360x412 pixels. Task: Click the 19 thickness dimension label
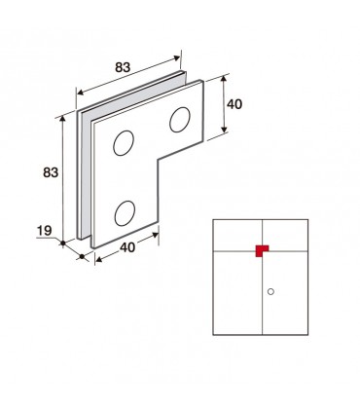click(44, 231)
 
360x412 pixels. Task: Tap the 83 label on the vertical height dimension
click(51, 172)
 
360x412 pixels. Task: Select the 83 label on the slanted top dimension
click(123, 67)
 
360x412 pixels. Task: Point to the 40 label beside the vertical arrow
click(234, 104)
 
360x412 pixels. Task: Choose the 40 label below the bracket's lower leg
click(127, 247)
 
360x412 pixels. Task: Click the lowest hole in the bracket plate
click(125, 213)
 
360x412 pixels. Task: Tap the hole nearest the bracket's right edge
click(180, 120)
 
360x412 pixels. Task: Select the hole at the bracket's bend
click(124, 143)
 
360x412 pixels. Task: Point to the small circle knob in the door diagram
click(270, 291)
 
